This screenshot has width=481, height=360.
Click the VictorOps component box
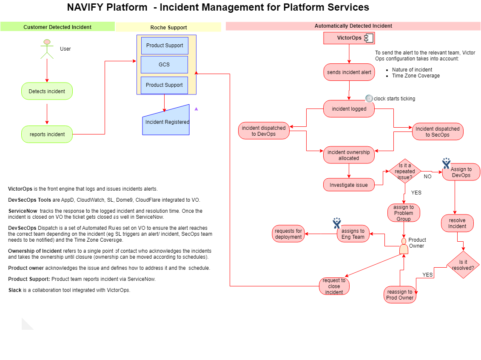[x=349, y=38]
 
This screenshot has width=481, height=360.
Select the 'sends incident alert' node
[x=349, y=72]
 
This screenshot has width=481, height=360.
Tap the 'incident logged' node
[x=349, y=109]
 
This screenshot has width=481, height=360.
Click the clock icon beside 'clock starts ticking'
[x=369, y=98]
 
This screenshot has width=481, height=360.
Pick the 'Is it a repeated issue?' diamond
[x=405, y=171]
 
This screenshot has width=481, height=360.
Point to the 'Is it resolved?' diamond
[x=463, y=265]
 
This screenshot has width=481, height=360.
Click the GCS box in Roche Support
[x=164, y=64]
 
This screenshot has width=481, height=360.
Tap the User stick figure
[x=47, y=49]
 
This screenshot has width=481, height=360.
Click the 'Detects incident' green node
[x=47, y=91]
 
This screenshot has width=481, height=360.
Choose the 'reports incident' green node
[x=47, y=134]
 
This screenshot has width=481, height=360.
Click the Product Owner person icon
[x=404, y=246]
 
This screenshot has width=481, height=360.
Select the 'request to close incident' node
[x=334, y=286]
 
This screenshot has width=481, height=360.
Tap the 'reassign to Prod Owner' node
[x=400, y=294]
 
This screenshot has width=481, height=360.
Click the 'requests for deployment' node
[x=288, y=234]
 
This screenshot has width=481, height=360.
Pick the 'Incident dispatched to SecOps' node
[x=438, y=131]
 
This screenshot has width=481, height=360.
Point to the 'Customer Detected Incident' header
[x=57, y=27]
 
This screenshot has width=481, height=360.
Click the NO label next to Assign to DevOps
[x=427, y=177]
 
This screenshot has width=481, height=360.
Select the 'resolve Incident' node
[x=457, y=223]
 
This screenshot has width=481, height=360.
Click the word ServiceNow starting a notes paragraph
[x=23, y=211]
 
